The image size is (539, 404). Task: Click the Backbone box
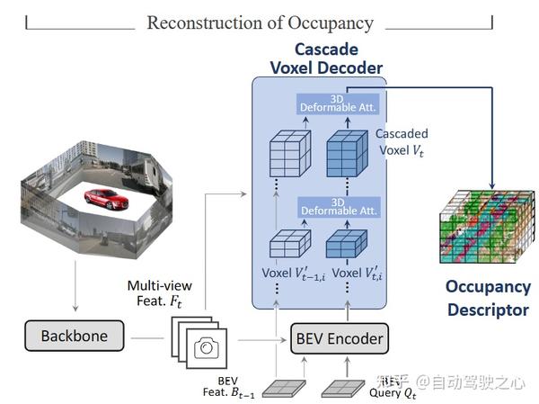click(75, 337)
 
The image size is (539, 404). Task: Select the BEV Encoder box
click(339, 339)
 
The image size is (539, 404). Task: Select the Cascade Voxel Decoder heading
click(326, 58)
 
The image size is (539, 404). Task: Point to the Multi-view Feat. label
click(159, 293)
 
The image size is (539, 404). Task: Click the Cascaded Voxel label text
click(402, 141)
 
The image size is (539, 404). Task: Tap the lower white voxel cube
click(289, 245)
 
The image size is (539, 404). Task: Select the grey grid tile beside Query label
click(342, 385)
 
